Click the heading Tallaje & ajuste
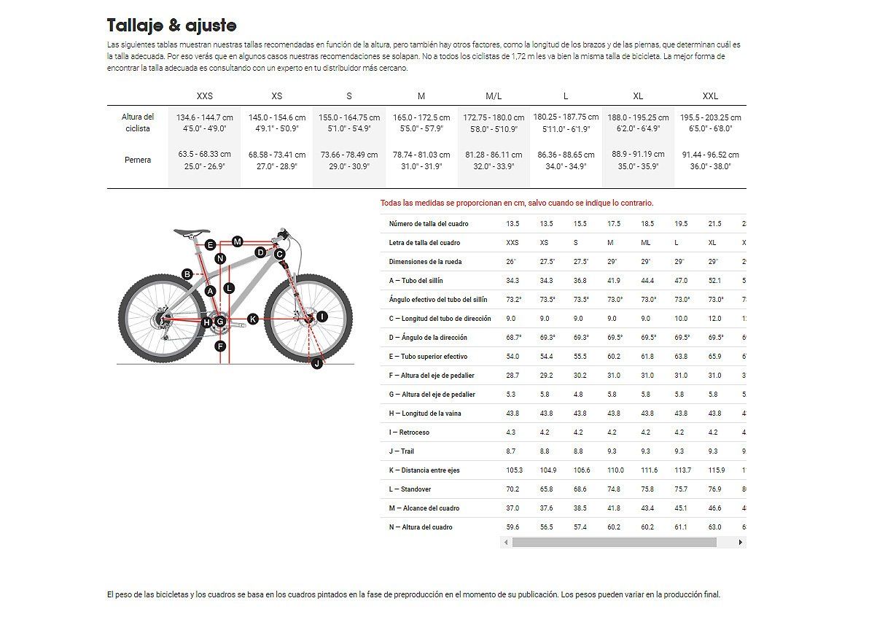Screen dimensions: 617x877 click(x=171, y=26)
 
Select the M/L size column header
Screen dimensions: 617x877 click(x=494, y=96)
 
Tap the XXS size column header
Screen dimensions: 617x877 click(x=205, y=96)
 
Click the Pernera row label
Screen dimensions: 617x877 click(x=138, y=160)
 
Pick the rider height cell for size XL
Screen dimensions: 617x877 click(x=638, y=123)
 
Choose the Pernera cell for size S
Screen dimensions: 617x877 click(x=349, y=160)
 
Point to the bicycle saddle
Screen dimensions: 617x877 click(x=192, y=233)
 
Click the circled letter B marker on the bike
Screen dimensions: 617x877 click(x=187, y=274)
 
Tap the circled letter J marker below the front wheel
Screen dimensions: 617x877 click(x=317, y=362)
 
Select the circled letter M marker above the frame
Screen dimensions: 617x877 click(x=238, y=241)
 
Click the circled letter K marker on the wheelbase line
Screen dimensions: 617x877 click(x=252, y=319)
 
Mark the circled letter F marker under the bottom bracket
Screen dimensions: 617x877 click(x=221, y=346)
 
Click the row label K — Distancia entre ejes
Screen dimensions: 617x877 click(x=425, y=470)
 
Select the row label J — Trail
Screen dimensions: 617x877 click(x=402, y=451)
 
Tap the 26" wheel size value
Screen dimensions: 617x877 click(x=511, y=262)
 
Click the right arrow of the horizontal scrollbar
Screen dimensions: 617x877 click(x=741, y=543)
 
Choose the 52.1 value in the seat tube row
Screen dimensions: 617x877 click(x=714, y=281)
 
